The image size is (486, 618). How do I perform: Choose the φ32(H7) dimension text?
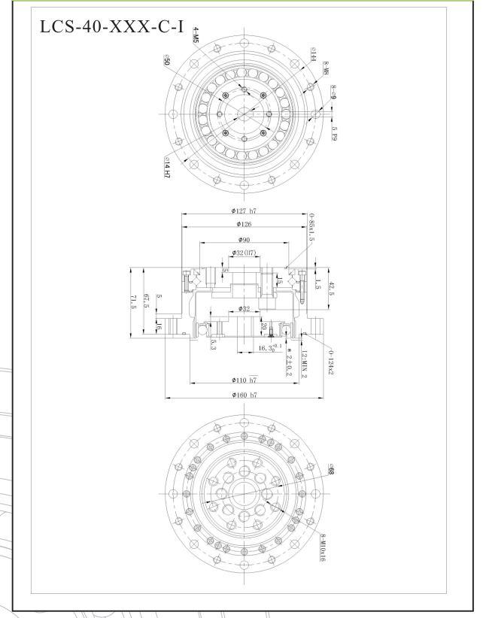coord(244,253)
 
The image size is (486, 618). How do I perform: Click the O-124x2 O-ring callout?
coord(332,361)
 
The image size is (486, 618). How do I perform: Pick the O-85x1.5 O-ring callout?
coord(311,228)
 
